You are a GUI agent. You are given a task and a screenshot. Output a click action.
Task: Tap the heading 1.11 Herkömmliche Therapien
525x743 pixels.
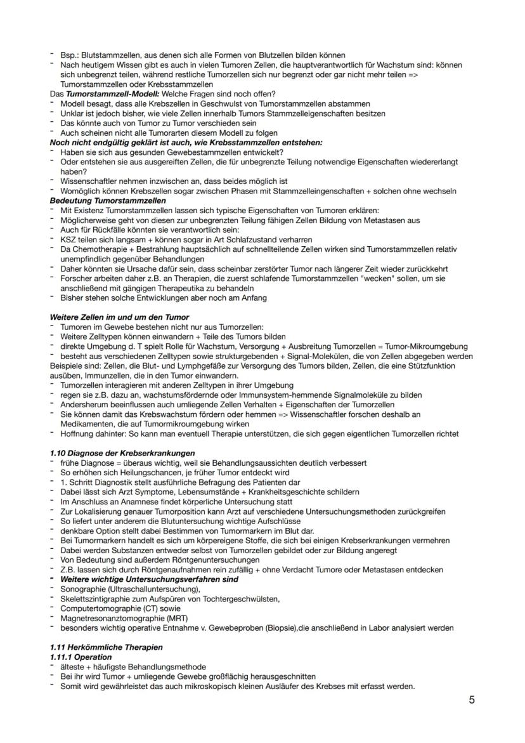[x=97, y=647]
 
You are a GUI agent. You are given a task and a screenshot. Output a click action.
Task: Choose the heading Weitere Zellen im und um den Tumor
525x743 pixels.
[x=119, y=316]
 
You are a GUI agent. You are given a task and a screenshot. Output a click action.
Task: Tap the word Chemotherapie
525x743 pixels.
[x=99, y=249]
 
